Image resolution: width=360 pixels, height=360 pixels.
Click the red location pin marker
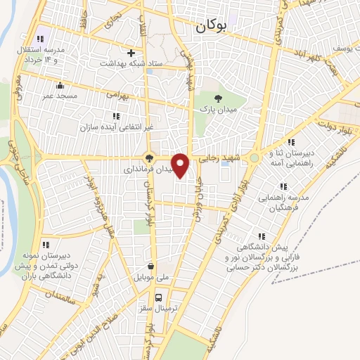coord(181,165)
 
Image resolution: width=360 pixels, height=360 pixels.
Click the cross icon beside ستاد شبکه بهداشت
coord(131,53)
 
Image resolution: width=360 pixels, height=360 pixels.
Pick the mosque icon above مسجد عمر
coord(68,84)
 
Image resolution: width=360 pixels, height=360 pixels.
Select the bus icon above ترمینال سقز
coord(159,297)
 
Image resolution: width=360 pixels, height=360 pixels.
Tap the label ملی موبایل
coord(151,278)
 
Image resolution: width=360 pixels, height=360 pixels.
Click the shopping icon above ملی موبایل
coord(151,266)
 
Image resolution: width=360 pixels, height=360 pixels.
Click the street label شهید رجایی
coord(224,160)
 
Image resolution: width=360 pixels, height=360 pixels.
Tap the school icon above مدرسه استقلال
coord(40,39)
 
